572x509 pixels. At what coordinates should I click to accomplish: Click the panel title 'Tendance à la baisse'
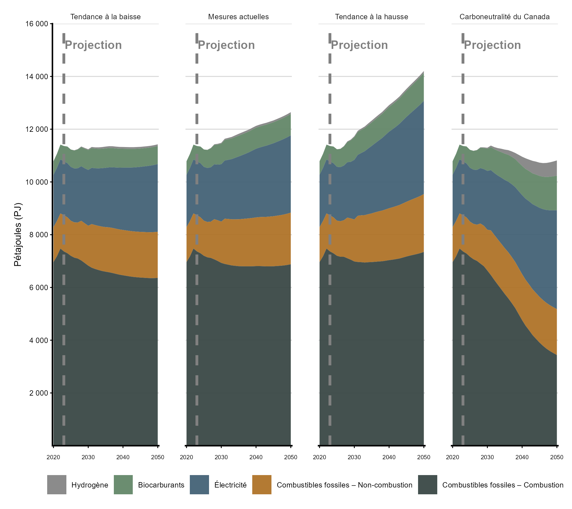[105, 17]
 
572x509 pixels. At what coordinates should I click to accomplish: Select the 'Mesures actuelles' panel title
[238, 17]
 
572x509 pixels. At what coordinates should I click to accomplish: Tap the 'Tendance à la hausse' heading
[371, 17]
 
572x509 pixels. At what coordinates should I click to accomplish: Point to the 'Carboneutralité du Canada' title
[504, 17]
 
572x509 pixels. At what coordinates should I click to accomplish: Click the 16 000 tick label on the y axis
[37, 24]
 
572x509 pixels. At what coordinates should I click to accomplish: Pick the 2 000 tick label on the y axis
[39, 393]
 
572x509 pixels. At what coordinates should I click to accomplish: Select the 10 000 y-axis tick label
[37, 182]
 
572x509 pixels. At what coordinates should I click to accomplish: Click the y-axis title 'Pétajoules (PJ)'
[18, 234]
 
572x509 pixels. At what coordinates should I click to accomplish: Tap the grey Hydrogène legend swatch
[56, 485]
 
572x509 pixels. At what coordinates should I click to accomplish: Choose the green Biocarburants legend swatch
[123, 485]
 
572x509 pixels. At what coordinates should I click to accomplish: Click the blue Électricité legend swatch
[199, 485]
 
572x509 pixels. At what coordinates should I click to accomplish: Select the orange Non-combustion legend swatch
[262, 485]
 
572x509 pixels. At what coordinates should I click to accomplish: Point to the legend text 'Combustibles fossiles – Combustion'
[503, 485]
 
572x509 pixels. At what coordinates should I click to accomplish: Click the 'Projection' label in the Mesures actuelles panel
[226, 45]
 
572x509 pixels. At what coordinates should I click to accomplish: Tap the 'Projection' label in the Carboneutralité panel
[492, 45]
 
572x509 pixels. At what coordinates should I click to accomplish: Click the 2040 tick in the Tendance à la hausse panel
[389, 457]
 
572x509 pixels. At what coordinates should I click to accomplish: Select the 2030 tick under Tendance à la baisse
[88, 457]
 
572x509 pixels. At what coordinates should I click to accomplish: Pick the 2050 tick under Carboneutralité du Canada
[556, 457]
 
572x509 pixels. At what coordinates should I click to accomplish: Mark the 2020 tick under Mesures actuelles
[186, 457]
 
